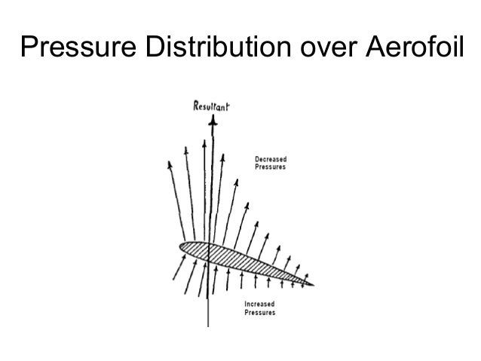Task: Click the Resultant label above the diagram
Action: (212, 108)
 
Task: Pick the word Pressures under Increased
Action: (260, 312)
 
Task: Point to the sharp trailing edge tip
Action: (312, 284)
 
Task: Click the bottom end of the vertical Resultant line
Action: (208, 326)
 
